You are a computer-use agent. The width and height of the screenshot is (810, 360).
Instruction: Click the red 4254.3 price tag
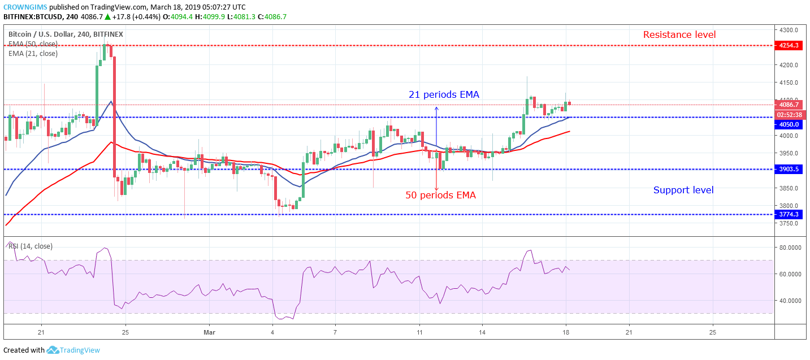pos(789,45)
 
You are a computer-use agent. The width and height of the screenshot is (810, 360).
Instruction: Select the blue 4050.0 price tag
pos(789,124)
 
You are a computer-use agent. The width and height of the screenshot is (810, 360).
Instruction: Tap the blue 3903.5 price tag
pos(789,170)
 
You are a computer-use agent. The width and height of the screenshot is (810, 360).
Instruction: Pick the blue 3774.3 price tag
pos(789,215)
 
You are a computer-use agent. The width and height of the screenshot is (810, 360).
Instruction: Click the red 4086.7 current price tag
pos(789,105)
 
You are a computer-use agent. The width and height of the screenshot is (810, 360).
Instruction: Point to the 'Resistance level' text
pos(679,35)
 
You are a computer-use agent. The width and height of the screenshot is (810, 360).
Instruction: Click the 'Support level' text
pos(683,190)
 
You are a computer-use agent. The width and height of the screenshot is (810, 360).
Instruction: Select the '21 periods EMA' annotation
pos(444,95)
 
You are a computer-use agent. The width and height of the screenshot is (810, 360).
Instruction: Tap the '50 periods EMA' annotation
pos(440,196)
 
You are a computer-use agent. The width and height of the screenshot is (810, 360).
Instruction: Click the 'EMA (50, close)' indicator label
pos(33,44)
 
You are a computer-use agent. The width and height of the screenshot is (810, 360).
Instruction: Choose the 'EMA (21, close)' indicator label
pos(33,54)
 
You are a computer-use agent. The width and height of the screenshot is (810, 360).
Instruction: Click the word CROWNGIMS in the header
pos(24,6)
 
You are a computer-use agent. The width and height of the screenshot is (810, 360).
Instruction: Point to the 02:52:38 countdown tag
pos(789,114)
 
